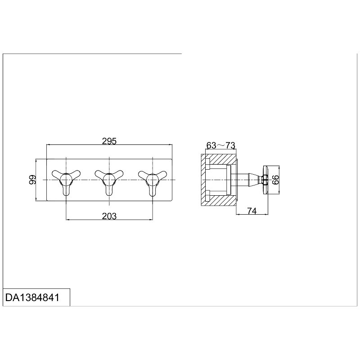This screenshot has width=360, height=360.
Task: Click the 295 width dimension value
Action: coord(109,141)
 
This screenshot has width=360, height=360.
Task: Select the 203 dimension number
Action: coord(109,216)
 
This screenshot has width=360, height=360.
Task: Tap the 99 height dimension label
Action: coord(32,180)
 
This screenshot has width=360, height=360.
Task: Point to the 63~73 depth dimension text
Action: coord(221,145)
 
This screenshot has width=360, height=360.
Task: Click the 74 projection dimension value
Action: coord(252,211)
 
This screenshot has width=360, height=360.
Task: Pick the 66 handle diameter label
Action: coord(275,180)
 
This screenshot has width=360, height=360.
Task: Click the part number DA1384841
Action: coord(32,297)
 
